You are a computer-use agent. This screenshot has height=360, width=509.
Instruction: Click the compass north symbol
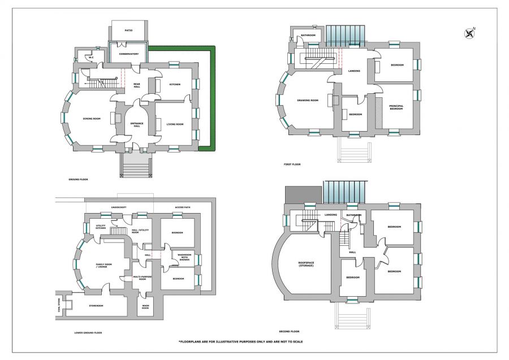(469, 33)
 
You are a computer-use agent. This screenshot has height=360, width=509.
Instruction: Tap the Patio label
(129, 30)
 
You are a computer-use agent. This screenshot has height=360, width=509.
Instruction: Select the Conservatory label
(129, 54)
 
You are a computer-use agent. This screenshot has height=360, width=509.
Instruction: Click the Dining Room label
(91, 118)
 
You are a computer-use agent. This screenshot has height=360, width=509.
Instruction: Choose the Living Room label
(175, 124)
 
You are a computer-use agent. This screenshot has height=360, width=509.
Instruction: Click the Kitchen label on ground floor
(175, 84)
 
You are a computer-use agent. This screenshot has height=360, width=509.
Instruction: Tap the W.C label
(90, 57)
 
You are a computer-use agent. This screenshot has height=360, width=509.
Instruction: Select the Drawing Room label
(308, 101)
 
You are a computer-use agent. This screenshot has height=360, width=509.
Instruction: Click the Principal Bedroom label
(396, 107)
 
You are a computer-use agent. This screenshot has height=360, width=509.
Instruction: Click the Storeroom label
(96, 305)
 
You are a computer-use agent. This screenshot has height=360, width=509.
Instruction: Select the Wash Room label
(145, 307)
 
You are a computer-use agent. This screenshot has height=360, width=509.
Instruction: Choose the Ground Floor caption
(78, 179)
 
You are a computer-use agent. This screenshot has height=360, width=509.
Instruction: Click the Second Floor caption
(289, 331)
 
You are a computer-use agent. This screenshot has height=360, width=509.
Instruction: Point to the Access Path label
(183, 207)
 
